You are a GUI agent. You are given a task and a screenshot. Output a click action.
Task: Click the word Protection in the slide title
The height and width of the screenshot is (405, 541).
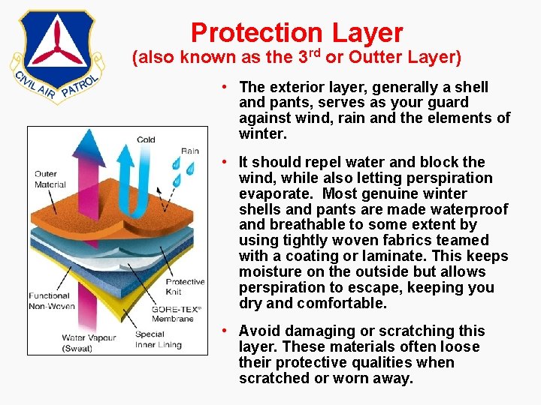coord(255,32)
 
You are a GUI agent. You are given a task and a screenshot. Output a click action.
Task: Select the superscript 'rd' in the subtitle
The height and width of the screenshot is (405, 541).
coord(313,52)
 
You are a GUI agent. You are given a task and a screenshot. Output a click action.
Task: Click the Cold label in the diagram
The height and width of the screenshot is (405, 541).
coord(146,139)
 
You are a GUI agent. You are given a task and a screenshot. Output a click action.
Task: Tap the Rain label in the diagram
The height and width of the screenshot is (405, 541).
coord(189,151)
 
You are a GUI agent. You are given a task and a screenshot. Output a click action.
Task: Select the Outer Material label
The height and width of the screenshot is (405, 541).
coord(50,179)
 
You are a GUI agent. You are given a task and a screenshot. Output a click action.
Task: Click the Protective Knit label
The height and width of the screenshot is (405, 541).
coord(185,286)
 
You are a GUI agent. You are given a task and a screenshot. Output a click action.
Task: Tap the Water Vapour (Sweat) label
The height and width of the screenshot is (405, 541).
coord(89,343)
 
